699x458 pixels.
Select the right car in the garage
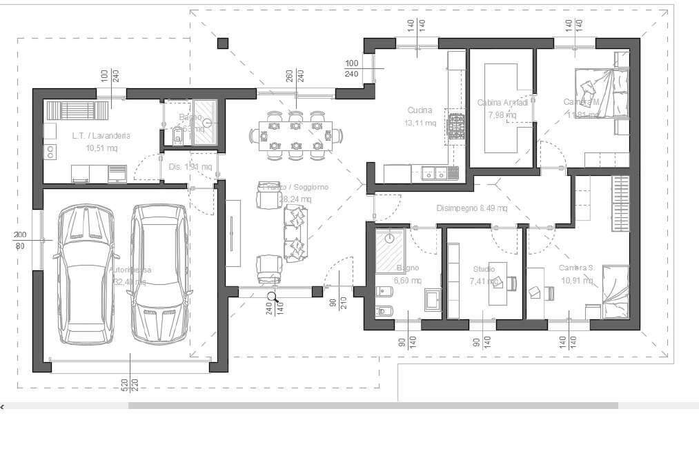[x=160, y=274]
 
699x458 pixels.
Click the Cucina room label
[x=420, y=110]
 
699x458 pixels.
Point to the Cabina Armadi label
[x=502, y=103]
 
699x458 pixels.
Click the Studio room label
[x=484, y=269]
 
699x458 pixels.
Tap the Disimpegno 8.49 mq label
[x=472, y=208]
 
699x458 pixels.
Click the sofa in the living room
[x=295, y=233]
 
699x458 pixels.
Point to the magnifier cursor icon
[x=273, y=297]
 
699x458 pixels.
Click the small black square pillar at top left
[x=222, y=43]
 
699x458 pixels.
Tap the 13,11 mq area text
[x=420, y=123]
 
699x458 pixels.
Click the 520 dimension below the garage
[x=124, y=384]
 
